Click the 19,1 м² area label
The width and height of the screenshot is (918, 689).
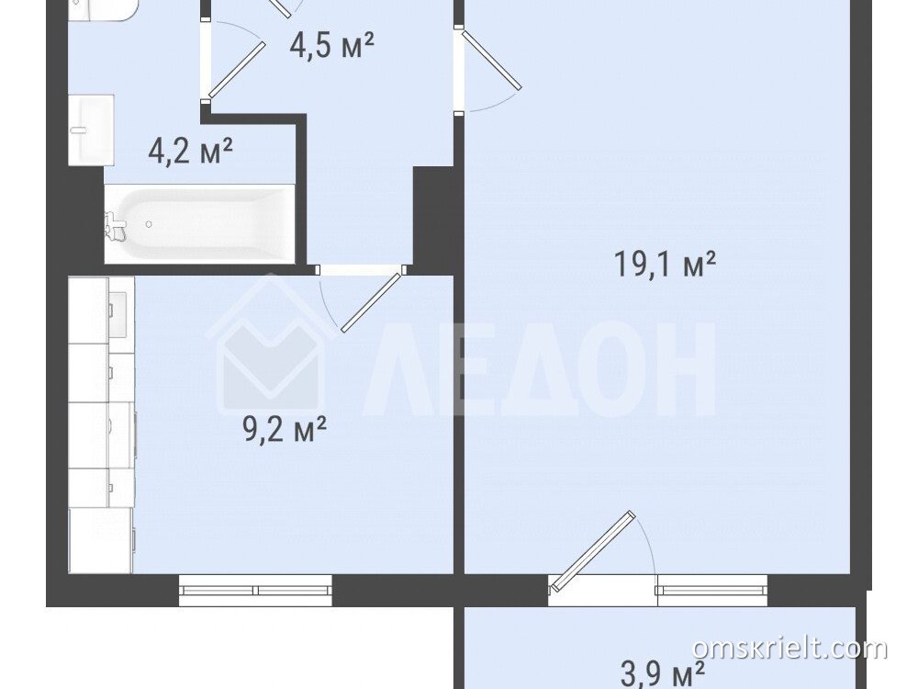[665, 265]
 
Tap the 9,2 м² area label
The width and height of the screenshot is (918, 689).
[284, 431]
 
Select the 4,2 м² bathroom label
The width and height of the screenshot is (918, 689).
[191, 152]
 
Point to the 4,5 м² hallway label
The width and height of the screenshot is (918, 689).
[332, 44]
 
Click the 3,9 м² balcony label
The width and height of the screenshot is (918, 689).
[662, 673]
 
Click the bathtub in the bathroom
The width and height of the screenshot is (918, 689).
[199, 224]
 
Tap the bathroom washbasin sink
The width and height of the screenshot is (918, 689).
[91, 130]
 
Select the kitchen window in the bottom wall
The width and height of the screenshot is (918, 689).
[255, 590]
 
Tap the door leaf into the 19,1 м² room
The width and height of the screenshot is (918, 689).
[491, 60]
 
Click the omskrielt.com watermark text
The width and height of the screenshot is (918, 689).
[789, 649]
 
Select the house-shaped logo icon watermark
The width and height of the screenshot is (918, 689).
[271, 344]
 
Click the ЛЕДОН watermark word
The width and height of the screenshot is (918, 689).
[542, 368]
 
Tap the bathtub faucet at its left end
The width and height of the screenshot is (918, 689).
[116, 225]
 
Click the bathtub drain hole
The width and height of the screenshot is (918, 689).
[150, 224]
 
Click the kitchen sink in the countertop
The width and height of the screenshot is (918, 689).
[118, 314]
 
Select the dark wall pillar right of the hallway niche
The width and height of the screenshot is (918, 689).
[433, 220]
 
